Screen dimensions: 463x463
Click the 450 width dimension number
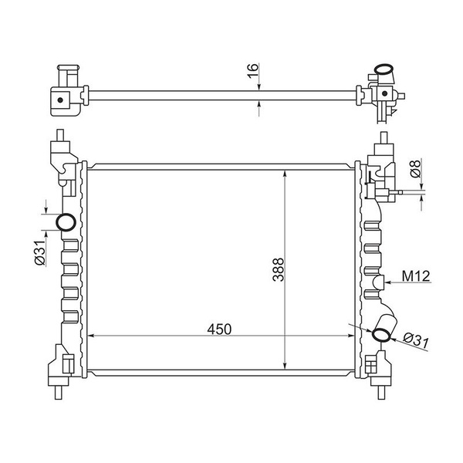point(219,330)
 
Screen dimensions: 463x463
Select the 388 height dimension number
point(279,270)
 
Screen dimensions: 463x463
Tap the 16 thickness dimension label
point(253,71)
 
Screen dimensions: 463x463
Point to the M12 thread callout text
point(416,276)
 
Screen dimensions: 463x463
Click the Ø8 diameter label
point(415,169)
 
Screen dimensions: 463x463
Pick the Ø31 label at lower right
point(416,340)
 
